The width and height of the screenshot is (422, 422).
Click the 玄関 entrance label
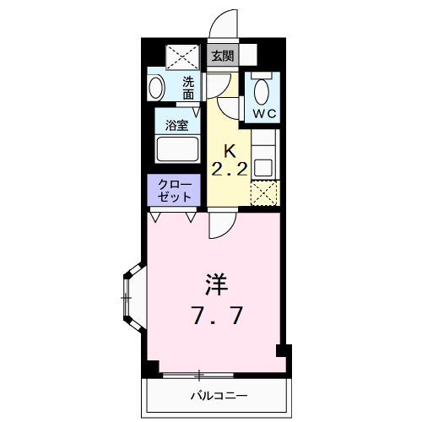point(223,57)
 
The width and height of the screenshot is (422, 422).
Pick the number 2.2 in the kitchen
point(228,169)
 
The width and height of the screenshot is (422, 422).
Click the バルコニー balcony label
point(218,394)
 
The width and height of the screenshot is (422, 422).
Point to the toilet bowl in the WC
point(261,90)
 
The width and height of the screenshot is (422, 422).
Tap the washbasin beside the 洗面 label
point(156,88)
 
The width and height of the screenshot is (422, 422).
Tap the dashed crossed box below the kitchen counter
point(265,193)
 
